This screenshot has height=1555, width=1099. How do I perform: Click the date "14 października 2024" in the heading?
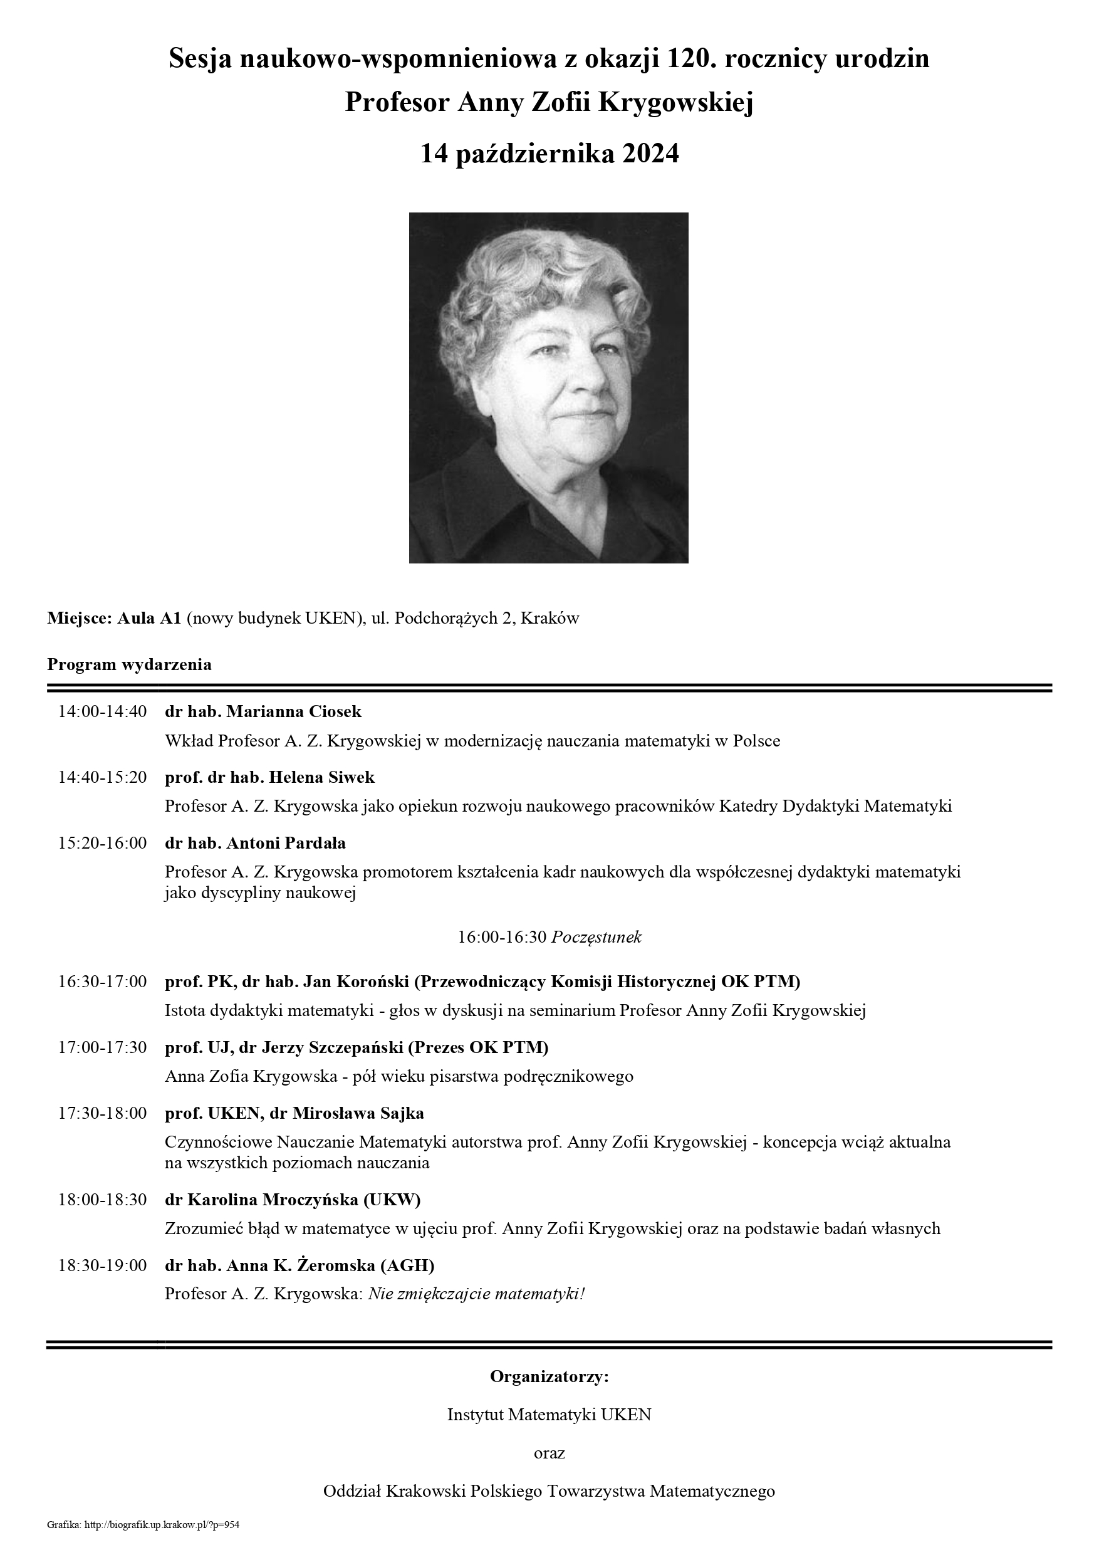(x=549, y=154)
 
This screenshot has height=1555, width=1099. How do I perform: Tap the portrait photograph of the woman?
(x=548, y=387)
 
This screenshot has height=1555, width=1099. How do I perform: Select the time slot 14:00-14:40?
(x=102, y=712)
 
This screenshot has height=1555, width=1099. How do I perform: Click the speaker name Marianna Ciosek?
(x=294, y=712)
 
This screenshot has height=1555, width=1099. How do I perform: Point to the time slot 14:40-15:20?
(x=102, y=777)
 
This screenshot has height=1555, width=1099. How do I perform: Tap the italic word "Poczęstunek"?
(x=596, y=938)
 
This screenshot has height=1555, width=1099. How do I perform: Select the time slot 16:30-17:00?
(x=102, y=982)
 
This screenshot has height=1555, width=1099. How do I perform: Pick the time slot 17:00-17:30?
(x=102, y=1047)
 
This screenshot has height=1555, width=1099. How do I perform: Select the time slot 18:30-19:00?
(x=102, y=1265)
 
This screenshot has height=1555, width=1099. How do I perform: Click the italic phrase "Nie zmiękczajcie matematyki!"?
(x=476, y=1294)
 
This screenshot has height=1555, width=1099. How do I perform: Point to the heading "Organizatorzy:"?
(x=549, y=1377)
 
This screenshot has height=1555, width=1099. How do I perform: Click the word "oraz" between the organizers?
(x=549, y=1453)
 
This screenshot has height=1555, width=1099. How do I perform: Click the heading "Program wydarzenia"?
(x=129, y=664)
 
